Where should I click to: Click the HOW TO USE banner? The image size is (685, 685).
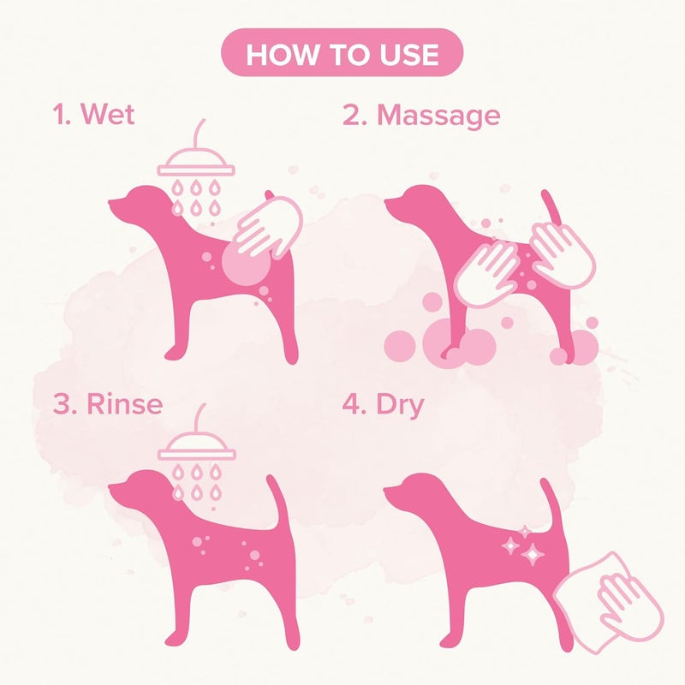[x=342, y=56]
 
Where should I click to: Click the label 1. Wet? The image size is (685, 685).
[x=94, y=114]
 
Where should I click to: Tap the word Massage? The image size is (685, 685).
[x=438, y=114]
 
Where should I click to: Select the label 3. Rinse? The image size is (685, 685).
[x=107, y=403]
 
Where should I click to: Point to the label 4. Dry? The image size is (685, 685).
[x=383, y=403]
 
